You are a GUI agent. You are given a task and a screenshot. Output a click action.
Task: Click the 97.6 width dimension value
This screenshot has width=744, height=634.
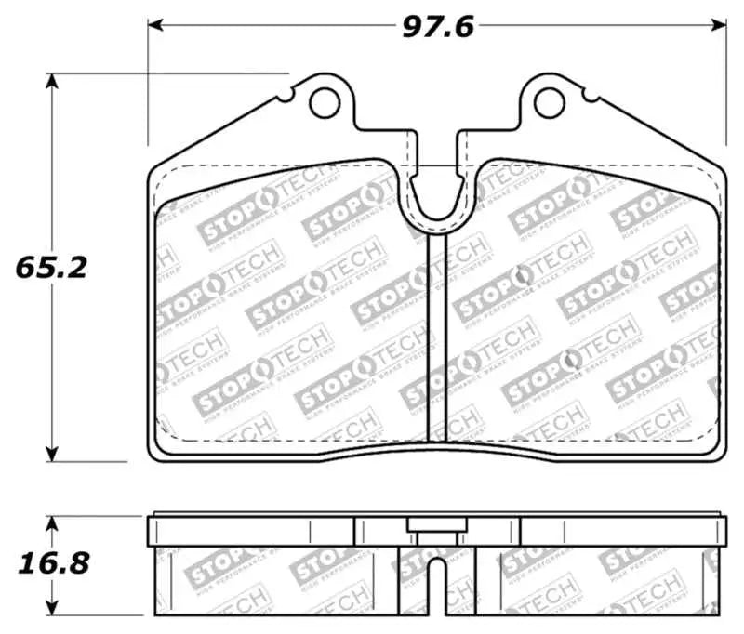point(437,26)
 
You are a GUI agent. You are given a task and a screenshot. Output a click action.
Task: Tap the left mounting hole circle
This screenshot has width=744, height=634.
point(325,102)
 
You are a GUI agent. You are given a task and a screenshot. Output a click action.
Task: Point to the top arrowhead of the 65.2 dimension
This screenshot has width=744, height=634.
point(52,81)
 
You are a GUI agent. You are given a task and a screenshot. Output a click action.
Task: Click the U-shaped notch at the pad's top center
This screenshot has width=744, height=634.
point(437,200)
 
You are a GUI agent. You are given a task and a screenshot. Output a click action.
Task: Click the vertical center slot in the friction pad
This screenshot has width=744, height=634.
point(437,335)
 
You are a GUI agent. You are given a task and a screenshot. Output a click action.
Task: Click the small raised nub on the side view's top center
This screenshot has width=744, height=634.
point(435,524)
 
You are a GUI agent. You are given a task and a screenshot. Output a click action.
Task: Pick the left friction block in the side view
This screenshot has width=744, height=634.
point(274,581)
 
